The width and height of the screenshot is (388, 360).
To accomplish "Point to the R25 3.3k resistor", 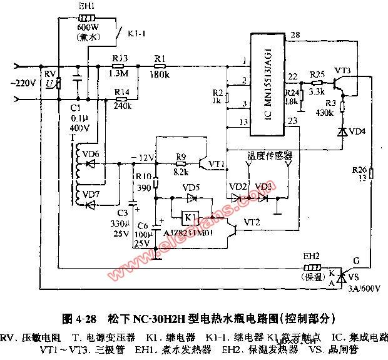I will click(x=318, y=81).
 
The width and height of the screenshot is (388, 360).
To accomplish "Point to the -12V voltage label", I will click(x=141, y=157).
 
